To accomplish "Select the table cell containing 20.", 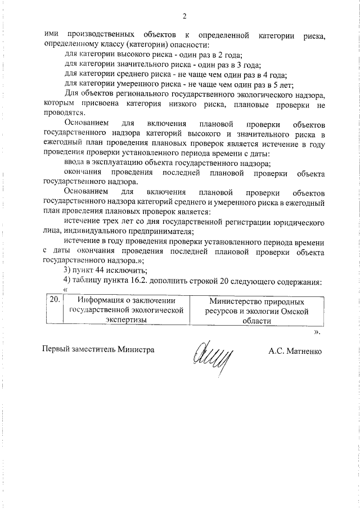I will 54,300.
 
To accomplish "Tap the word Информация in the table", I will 102,301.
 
